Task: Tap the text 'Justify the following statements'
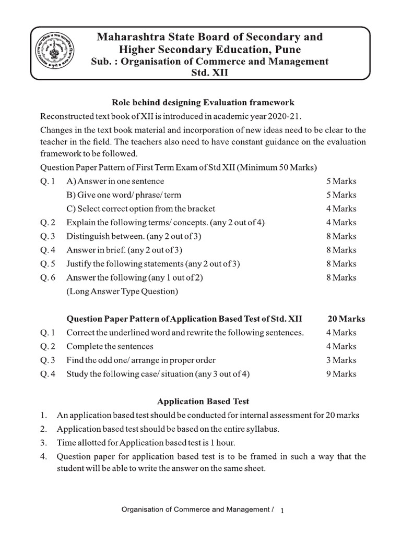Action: pyautogui.click(x=123, y=264)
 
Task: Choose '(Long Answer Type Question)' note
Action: pyautogui.click(x=122, y=292)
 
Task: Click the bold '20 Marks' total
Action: pyautogui.click(x=346, y=319)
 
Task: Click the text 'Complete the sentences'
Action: pyautogui.click(x=110, y=346)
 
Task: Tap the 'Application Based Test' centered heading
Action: pyautogui.click(x=203, y=402)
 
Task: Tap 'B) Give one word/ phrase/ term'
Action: pyautogui.click(x=124, y=195)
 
